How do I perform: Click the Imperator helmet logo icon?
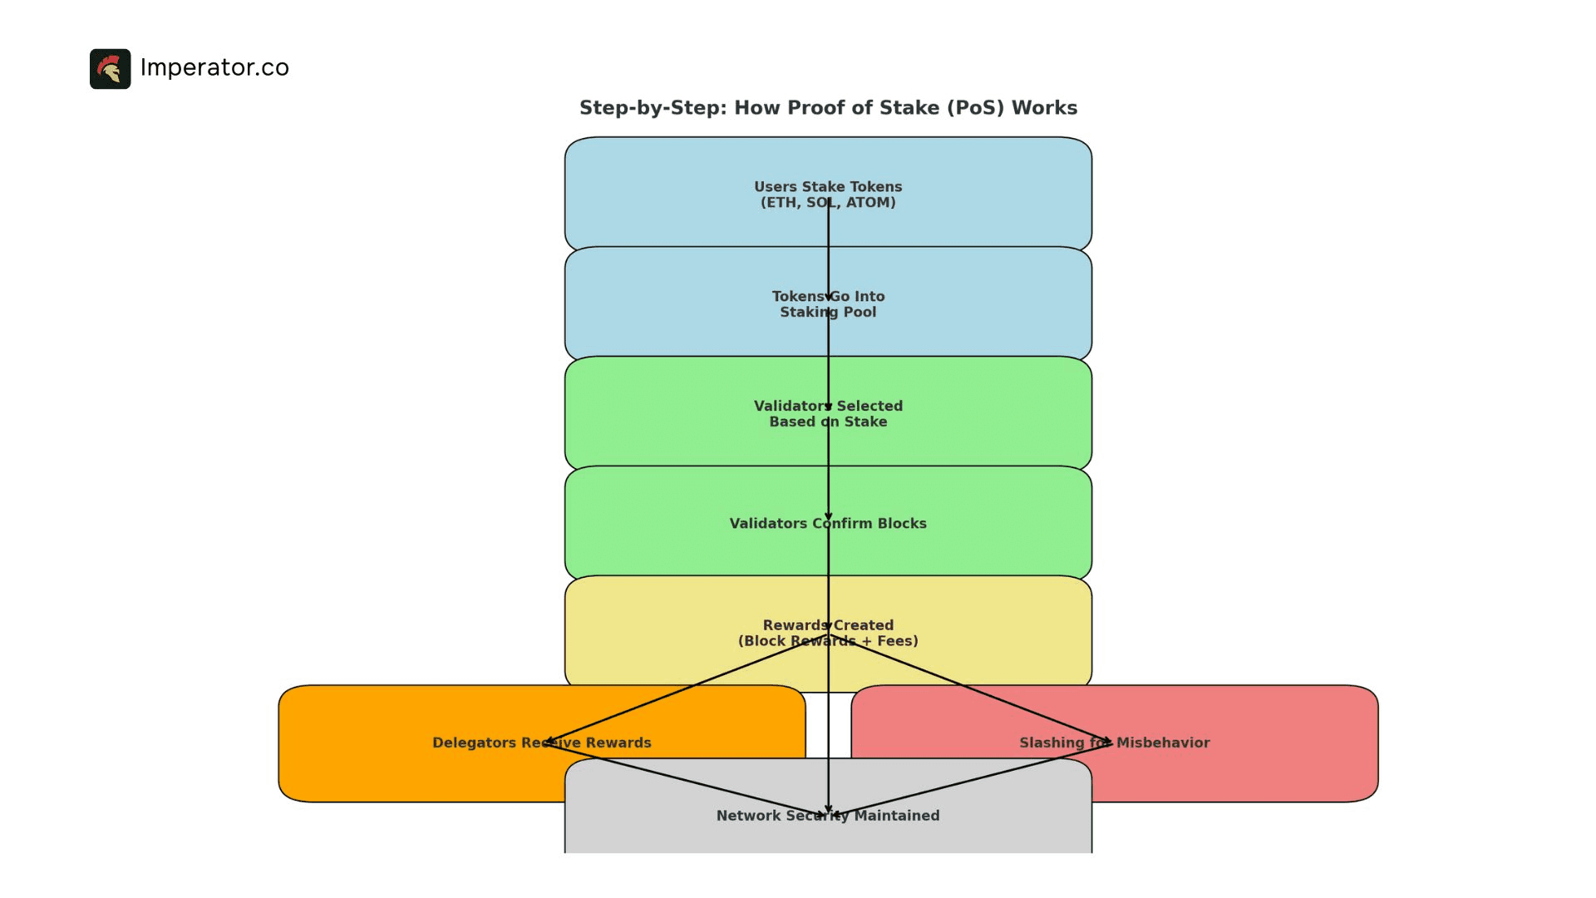110,69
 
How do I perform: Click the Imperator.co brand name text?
214,67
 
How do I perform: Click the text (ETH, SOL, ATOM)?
828,203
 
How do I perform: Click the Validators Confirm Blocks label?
828,524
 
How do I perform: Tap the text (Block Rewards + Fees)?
828,641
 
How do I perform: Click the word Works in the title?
1045,108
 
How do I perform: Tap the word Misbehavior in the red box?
1162,743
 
